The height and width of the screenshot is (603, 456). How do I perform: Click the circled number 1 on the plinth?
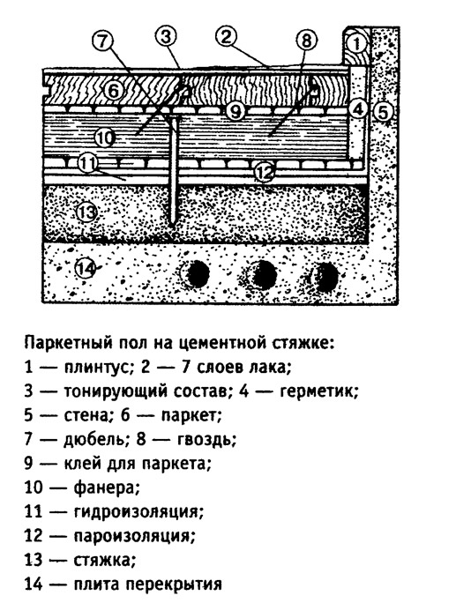coord(357,43)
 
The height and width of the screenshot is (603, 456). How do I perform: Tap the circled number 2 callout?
coord(227,37)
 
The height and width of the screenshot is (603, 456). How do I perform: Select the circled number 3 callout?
coord(166,37)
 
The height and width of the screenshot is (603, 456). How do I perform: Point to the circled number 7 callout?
coord(102,41)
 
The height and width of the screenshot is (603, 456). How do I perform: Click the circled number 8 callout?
coord(306,41)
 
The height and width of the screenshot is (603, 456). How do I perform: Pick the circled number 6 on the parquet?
coord(115,93)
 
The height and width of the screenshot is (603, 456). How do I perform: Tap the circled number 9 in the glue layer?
coord(235,112)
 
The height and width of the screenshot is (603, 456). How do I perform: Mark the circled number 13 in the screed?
coord(86,212)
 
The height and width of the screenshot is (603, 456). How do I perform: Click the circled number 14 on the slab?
coord(86,268)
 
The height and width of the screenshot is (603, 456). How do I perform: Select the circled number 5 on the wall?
coord(383,112)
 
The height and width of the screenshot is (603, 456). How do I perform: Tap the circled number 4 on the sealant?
coord(359,109)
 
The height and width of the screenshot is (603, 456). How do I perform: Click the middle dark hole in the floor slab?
coord(264,274)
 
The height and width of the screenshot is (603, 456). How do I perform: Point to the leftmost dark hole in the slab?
coord(198,274)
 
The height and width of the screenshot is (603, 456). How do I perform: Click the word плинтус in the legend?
coord(98,368)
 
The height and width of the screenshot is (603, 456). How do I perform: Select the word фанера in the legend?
coord(106,488)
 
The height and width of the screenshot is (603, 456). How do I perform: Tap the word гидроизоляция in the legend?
coord(138,512)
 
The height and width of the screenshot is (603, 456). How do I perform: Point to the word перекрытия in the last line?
coord(174,584)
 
